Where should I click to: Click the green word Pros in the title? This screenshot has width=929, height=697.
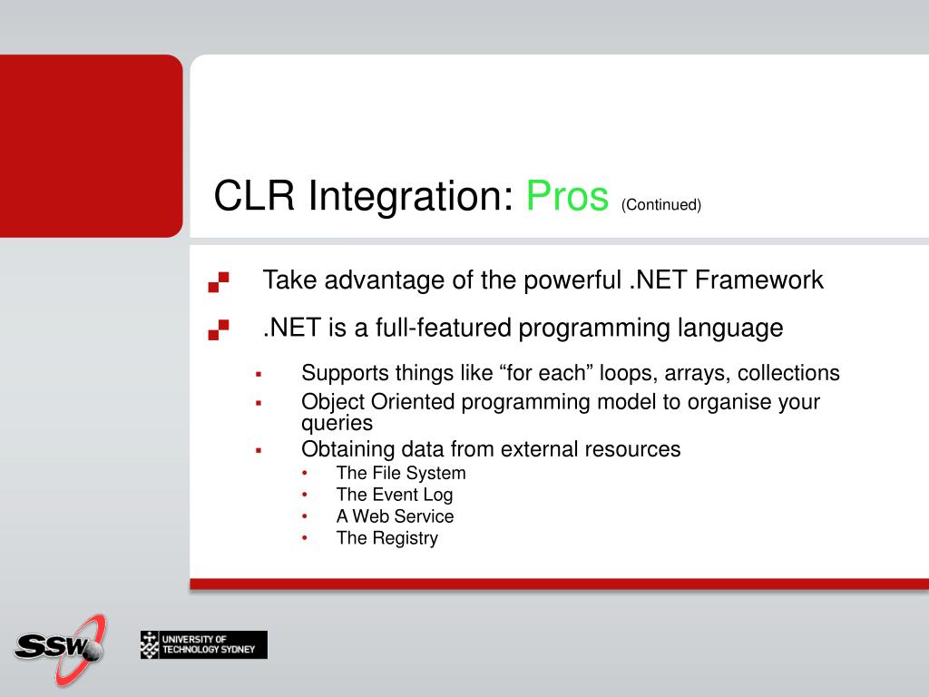[x=567, y=196]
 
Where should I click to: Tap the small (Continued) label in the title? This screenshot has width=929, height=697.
[x=661, y=204]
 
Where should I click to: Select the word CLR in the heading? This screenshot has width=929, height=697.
[x=254, y=195]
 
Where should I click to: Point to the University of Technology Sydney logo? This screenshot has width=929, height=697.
[x=204, y=645]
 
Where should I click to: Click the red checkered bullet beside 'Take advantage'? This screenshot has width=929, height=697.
[x=219, y=281]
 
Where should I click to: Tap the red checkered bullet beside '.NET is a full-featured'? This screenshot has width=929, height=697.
[x=219, y=329]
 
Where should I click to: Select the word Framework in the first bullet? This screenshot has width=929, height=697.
[x=759, y=280]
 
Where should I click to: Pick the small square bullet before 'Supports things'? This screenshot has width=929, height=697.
[x=259, y=375]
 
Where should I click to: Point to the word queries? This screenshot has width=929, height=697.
[x=337, y=423]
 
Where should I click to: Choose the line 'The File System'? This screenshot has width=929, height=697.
[x=401, y=473]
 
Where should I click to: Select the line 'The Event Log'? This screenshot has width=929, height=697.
[x=395, y=495]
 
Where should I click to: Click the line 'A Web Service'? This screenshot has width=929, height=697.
[x=396, y=516]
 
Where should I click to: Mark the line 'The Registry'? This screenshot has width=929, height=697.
[x=387, y=538]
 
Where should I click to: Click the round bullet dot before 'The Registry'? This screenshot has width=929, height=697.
[x=305, y=538]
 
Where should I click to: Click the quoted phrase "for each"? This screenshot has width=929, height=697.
[x=546, y=373]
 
